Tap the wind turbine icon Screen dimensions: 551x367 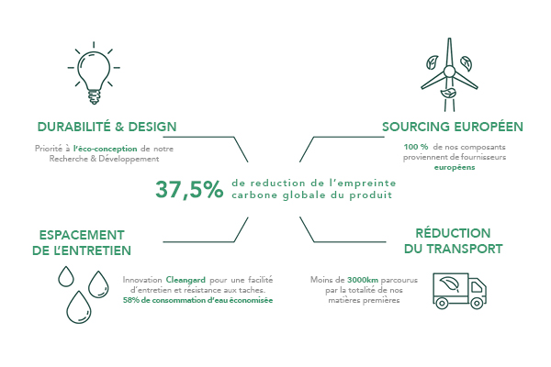point(449,75)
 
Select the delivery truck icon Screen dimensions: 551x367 point(460,291)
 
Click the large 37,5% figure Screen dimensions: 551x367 point(189,190)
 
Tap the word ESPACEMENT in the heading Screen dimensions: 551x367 point(82,235)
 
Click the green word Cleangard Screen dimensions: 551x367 point(186,280)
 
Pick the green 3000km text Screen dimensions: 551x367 point(363,280)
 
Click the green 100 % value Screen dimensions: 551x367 point(416,147)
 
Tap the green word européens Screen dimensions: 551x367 point(455,168)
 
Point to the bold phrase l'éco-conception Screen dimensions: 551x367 point(105,149)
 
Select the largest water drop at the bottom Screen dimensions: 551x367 point(79,307)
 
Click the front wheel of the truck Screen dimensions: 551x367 point(477,303)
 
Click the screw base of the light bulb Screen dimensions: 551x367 point(94,97)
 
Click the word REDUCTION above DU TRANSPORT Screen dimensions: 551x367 point(453,233)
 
